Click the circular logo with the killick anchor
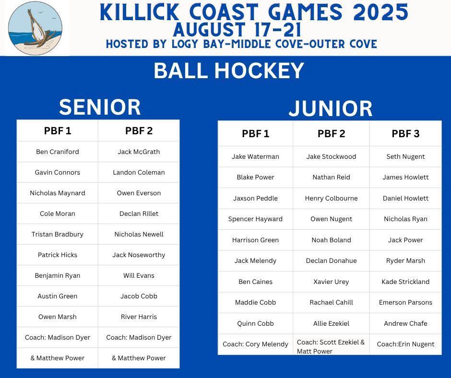35,28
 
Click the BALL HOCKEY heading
229,71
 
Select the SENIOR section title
100,107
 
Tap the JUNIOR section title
331,108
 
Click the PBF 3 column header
405,133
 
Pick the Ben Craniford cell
58,152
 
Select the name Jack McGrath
139,152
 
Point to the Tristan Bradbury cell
58,234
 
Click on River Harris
139,317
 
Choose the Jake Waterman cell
255,156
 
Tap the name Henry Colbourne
332,198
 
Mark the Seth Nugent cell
405,156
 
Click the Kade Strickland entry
405,282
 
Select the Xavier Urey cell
332,282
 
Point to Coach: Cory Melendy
255,344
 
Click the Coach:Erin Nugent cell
405,344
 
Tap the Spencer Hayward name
255,219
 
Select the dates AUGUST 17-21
237,30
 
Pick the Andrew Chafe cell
405,323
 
